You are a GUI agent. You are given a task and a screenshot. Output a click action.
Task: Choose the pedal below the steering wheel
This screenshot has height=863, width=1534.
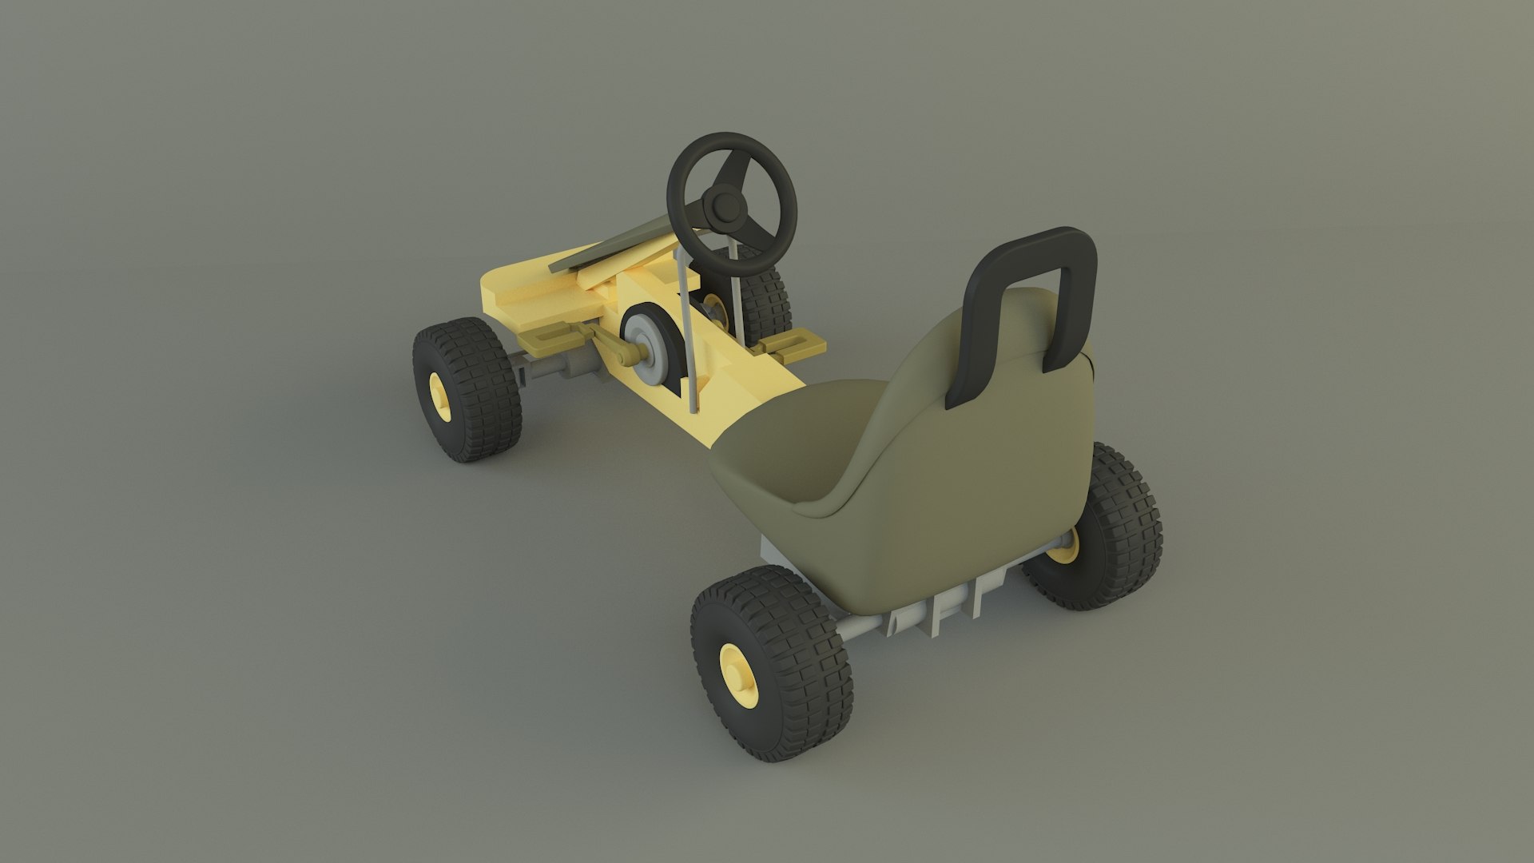791,344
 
